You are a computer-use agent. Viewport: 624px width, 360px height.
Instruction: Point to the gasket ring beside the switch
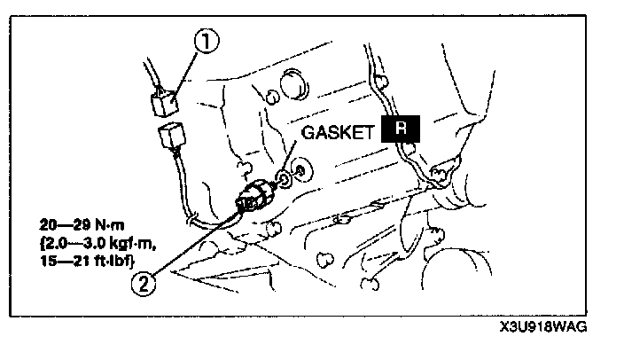283,182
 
